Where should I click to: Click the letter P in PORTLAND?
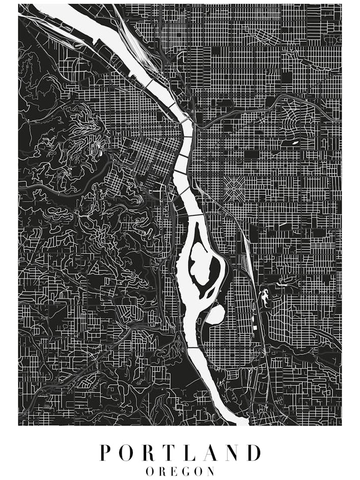pos(105,453)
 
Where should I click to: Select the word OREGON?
pos(180,471)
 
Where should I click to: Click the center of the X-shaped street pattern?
pos(235,188)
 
